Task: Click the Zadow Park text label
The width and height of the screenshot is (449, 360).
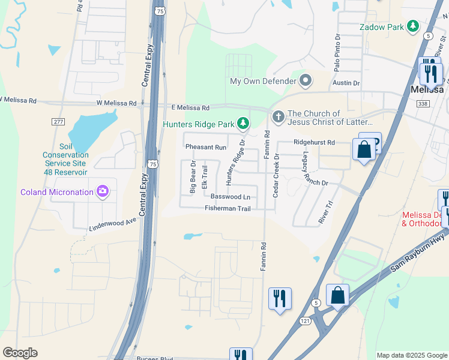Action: pyautogui.click(x=381, y=27)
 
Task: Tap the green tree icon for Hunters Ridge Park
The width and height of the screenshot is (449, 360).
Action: pyautogui.click(x=243, y=124)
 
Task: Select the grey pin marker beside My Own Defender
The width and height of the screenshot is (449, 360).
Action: pyautogui.click(x=306, y=80)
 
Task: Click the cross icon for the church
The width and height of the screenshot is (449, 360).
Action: pyautogui.click(x=278, y=116)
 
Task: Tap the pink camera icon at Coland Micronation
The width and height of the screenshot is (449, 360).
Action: pyautogui.click(x=103, y=191)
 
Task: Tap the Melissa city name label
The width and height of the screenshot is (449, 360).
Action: pyautogui.click(x=427, y=89)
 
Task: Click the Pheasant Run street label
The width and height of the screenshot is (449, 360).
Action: pyautogui.click(x=205, y=147)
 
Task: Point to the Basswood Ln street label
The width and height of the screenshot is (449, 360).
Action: pyautogui.click(x=230, y=197)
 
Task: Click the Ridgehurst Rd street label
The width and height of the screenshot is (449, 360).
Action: pyautogui.click(x=314, y=143)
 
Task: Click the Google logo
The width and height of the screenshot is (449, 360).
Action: pyautogui.click(x=20, y=353)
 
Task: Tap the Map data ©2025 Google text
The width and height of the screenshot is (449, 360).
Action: pyautogui.click(x=411, y=355)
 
